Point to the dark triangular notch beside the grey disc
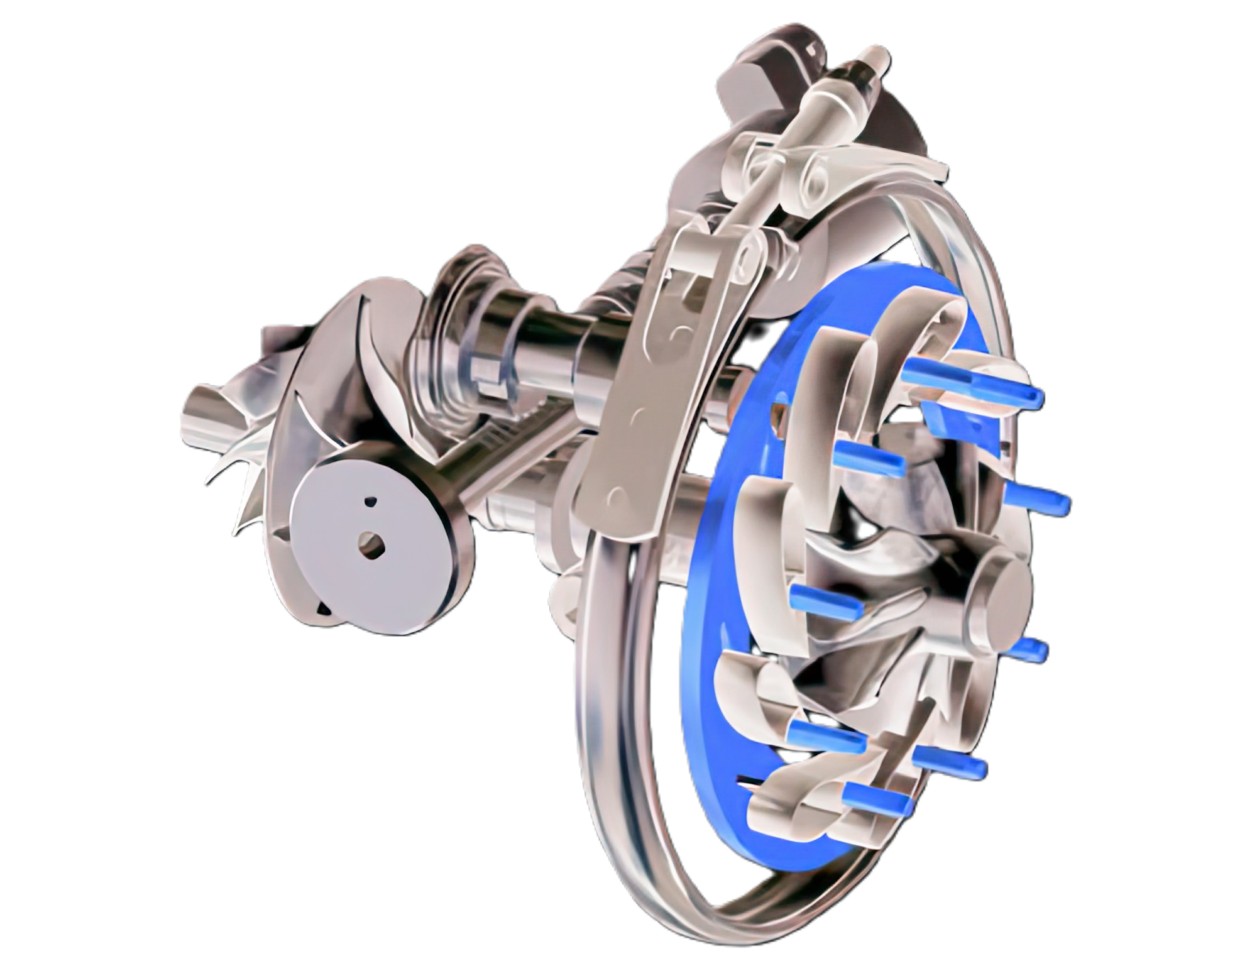tap(323, 608)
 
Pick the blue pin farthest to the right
tap(1037, 500)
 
